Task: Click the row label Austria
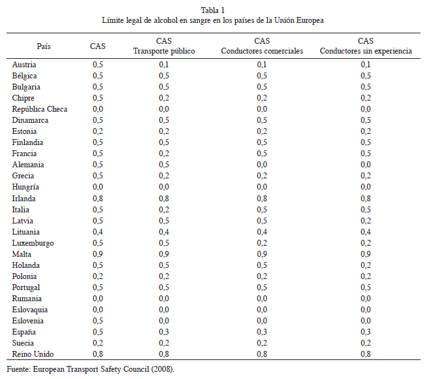[24, 65]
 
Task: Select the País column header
[44, 46]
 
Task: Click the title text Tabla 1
[213, 10]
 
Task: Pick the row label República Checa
[40, 109]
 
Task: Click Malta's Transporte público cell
[164, 254]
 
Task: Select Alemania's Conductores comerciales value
[262, 165]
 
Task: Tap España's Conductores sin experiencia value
[366, 332]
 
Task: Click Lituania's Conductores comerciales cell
[262, 232]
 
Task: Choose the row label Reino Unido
[33, 354]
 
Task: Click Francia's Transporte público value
[164, 154]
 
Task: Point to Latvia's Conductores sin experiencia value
[366, 221]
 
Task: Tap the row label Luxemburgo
[33, 243]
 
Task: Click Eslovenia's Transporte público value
[164, 321]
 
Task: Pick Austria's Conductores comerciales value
[262, 65]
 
